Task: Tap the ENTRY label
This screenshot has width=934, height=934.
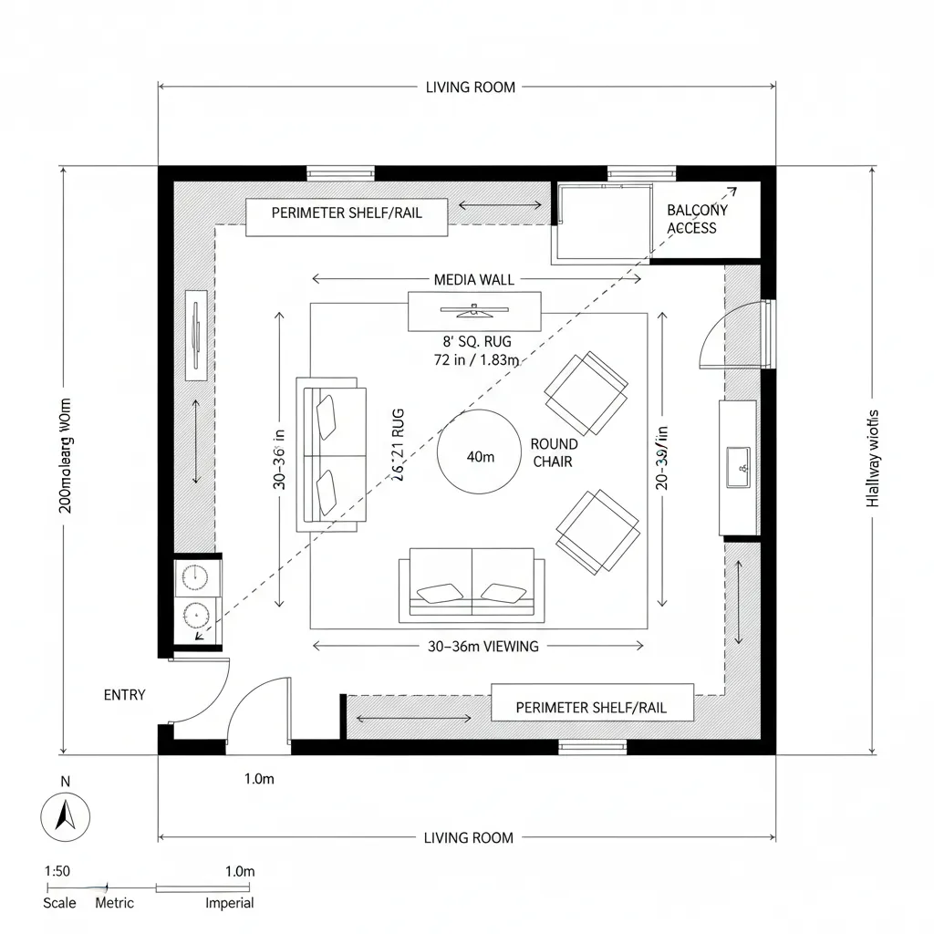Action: coord(124,695)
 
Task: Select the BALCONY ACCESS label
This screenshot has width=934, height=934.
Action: coord(692,219)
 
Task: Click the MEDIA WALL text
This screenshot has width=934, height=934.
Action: coord(474,279)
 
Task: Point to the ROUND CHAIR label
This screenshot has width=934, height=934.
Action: coord(554,453)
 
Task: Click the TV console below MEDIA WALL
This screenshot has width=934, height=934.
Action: coord(474,311)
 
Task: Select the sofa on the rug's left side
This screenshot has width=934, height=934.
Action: coord(331,457)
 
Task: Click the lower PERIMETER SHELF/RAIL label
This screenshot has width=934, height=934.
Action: coord(591,707)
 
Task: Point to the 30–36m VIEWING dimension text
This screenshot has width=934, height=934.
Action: coord(483,646)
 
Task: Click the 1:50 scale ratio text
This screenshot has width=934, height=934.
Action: coord(57,871)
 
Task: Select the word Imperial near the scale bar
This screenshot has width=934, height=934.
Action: coord(229,903)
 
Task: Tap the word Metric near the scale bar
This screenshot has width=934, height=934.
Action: coord(115,903)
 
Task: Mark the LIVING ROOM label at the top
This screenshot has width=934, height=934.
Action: coord(471,88)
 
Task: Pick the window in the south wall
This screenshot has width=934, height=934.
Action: coord(593,747)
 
